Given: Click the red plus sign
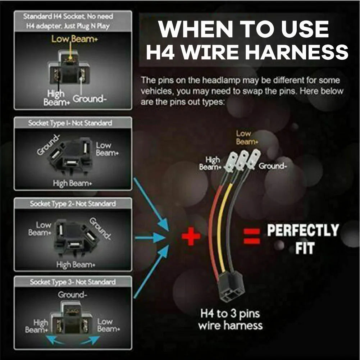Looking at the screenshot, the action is pos(191,236).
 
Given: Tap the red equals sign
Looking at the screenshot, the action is pos(252,236).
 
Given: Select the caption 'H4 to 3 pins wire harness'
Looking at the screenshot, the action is pos(230,319).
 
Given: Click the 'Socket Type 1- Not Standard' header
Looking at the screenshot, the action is pos(70,123).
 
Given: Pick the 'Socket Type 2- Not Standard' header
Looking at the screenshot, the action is pos(73,204).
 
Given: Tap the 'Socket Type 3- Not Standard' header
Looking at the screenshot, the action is pos(73,282).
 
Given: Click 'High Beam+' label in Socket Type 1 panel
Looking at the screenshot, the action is pos(73,183).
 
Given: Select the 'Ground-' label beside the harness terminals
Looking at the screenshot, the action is pos(273,166).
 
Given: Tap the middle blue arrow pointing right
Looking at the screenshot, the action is pos(150,238).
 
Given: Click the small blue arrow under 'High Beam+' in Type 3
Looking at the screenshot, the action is pos(55,340).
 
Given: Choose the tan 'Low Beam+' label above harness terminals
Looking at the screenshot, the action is pos(247,137).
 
